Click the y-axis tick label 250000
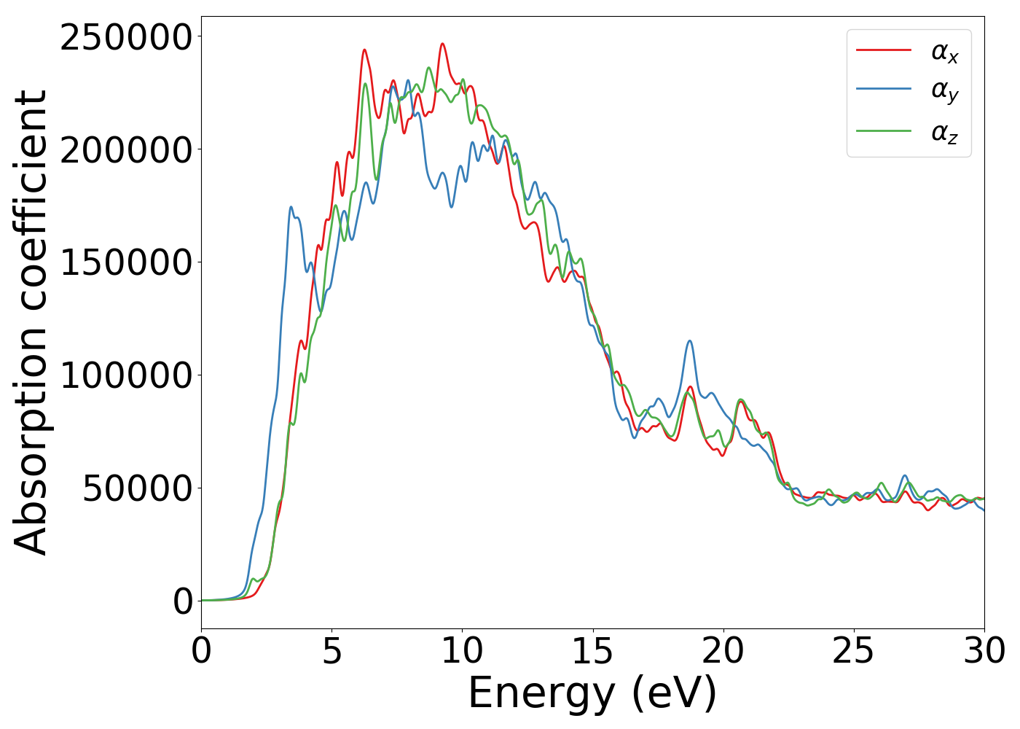(x=126, y=37)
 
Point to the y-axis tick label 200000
(x=126, y=150)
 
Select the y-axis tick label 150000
(x=126, y=262)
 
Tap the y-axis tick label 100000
(x=126, y=375)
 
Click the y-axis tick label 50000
(x=137, y=488)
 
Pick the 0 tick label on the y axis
(x=183, y=601)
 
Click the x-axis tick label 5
(x=331, y=651)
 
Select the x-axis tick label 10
(x=462, y=651)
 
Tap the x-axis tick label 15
(x=592, y=651)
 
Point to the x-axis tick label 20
(x=723, y=651)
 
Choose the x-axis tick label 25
(x=853, y=651)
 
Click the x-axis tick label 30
(x=984, y=651)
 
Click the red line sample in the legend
(x=884, y=50)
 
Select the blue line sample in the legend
(x=884, y=90)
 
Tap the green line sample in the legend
(x=884, y=131)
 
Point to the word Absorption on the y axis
(x=31, y=430)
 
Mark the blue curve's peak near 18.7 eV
(x=689, y=341)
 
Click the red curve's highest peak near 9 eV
(x=442, y=44)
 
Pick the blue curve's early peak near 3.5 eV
(x=291, y=207)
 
